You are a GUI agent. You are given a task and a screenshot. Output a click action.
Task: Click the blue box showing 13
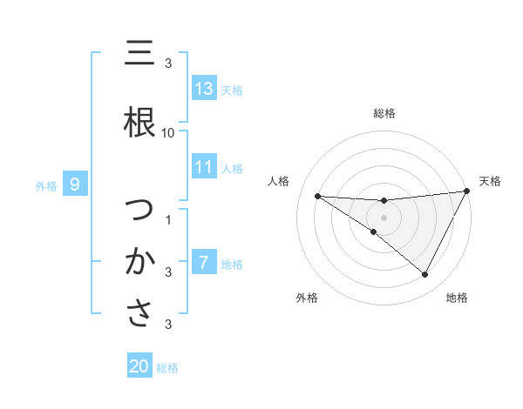(204, 89)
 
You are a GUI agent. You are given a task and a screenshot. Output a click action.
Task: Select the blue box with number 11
(204, 167)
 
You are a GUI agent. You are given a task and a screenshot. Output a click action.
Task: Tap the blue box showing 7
(204, 262)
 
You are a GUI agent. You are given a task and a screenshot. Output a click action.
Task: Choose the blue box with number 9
(76, 184)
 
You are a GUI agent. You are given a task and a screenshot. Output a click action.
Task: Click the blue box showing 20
(139, 366)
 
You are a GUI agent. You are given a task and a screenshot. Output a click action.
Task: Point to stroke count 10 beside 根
(168, 132)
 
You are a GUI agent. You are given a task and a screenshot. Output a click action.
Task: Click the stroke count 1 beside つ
(168, 219)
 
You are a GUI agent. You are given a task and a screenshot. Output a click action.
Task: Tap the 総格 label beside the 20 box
(167, 367)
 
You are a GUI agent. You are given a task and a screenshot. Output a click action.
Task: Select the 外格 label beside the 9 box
(46, 184)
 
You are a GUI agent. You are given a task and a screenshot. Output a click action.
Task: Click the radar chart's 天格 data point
(467, 192)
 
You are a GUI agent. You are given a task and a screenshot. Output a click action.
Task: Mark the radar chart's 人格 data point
(317, 196)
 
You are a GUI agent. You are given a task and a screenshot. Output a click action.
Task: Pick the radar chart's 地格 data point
(425, 275)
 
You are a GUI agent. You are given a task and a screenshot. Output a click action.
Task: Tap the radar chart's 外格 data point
(374, 231)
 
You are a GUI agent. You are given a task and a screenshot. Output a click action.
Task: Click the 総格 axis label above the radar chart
(384, 113)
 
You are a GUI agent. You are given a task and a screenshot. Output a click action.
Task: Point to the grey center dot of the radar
(384, 218)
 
